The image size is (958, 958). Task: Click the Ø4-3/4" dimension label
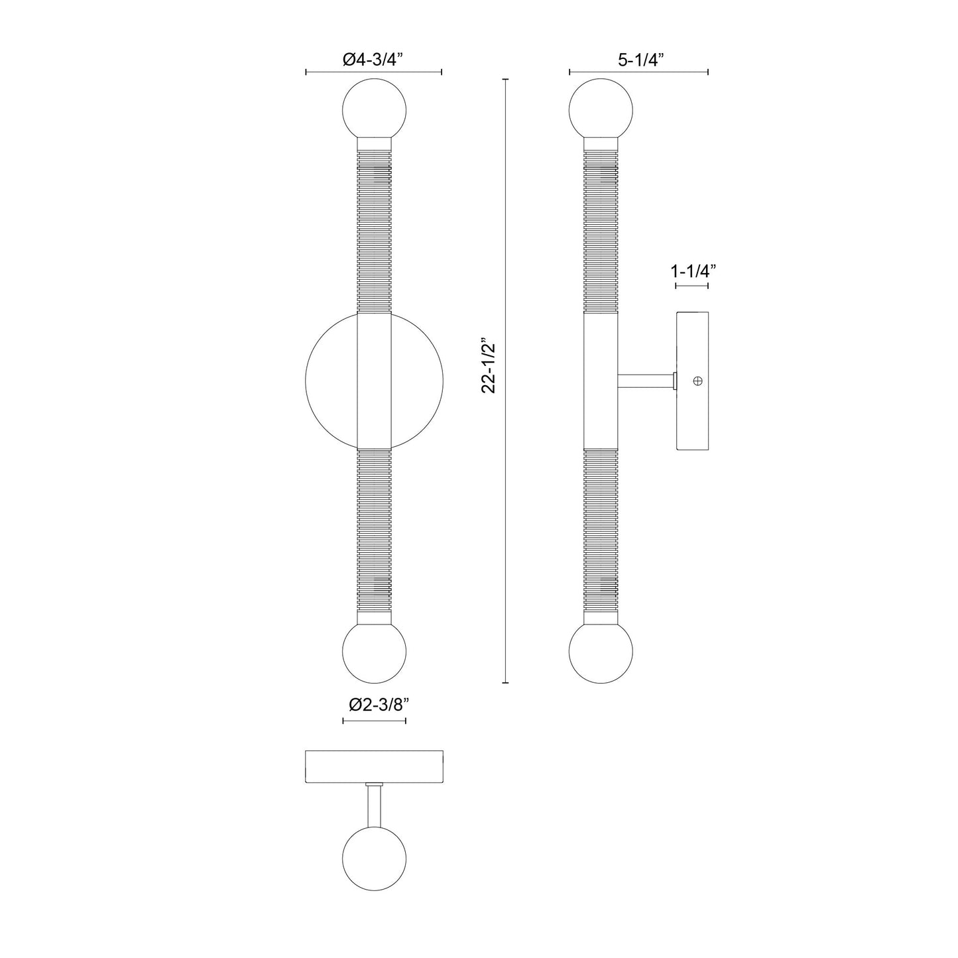(x=373, y=60)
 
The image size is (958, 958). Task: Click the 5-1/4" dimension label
(x=640, y=60)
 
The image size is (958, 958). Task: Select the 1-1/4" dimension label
(x=693, y=270)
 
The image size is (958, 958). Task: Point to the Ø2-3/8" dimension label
(x=375, y=704)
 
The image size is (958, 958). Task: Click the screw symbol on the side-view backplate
(x=697, y=381)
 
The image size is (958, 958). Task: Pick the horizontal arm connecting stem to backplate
(x=646, y=381)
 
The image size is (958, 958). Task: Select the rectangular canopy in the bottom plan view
(x=374, y=766)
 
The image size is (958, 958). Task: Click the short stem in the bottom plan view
(x=374, y=806)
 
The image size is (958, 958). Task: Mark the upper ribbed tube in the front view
(x=374, y=229)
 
